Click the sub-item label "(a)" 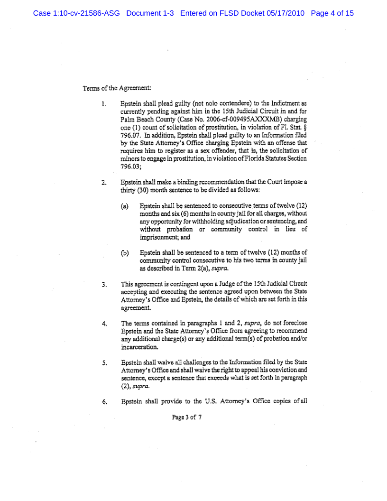pos(125,207)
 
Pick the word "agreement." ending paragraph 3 pos(136,308)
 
